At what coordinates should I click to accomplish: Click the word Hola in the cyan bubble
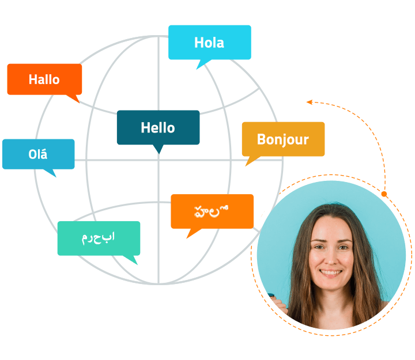click(x=209, y=43)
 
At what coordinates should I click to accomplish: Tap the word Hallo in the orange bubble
click(x=44, y=79)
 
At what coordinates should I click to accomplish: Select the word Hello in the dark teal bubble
click(x=158, y=128)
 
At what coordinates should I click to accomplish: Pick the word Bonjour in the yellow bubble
click(x=283, y=139)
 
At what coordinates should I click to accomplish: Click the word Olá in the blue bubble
click(x=38, y=154)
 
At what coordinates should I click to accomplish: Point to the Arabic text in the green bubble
click(x=99, y=237)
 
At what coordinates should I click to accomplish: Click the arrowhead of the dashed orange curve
click(x=310, y=103)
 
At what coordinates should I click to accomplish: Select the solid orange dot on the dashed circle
click(x=384, y=194)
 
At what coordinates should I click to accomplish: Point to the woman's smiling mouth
click(x=331, y=272)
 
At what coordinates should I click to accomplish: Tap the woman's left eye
click(x=343, y=247)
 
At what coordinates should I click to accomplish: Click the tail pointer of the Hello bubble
click(x=158, y=149)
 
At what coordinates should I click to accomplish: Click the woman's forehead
click(x=330, y=228)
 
